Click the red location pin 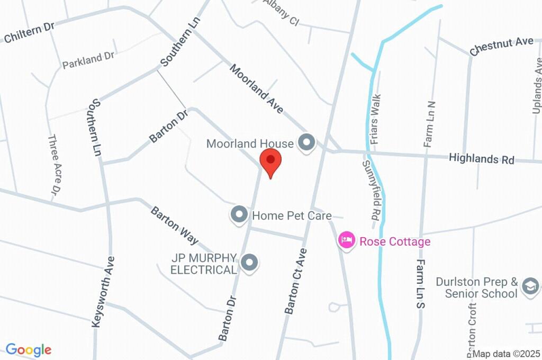(270, 160)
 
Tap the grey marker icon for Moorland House (306, 142)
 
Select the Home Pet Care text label (292, 215)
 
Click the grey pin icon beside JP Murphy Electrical (249, 262)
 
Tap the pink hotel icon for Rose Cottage (347, 241)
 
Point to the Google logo (28, 350)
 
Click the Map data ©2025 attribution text (507, 354)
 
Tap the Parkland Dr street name (88, 60)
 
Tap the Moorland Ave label (257, 88)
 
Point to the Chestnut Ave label (501, 46)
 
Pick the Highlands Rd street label (481, 158)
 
